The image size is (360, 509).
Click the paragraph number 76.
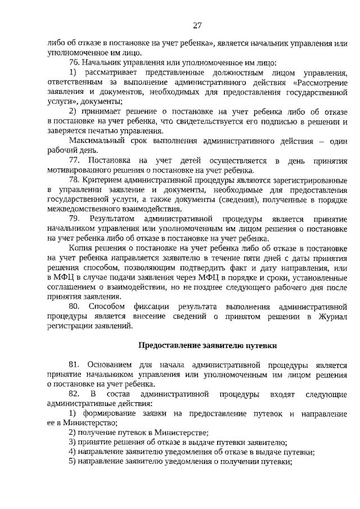click(x=74, y=62)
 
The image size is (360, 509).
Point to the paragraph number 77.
click(x=74, y=161)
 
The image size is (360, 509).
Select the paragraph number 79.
click(x=74, y=218)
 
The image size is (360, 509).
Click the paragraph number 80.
click(x=74, y=306)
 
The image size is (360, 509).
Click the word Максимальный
click(x=96, y=141)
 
